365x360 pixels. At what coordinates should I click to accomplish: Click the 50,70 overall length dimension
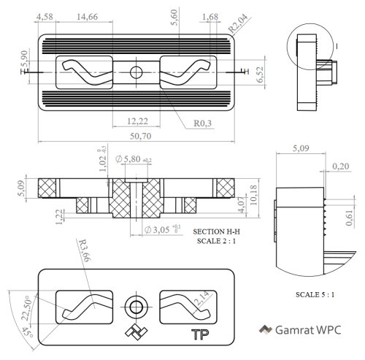[x=140, y=136]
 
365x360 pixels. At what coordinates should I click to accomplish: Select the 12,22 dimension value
[x=137, y=121]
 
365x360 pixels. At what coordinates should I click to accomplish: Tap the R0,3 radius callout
[x=202, y=123]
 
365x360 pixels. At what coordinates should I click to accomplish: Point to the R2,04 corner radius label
[x=238, y=23]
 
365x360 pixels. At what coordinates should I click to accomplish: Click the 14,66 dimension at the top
[x=87, y=17]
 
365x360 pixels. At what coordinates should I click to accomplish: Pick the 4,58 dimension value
[x=45, y=17]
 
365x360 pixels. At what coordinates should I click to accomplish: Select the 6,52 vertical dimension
[x=260, y=74]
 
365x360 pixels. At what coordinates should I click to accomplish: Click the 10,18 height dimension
[x=253, y=195]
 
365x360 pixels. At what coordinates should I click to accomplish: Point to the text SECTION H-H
[x=216, y=231]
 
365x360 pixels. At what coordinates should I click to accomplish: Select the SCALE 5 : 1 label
[x=315, y=294]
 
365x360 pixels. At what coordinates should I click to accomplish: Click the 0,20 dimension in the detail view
[x=341, y=166]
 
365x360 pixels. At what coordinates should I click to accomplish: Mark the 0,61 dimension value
[x=349, y=218]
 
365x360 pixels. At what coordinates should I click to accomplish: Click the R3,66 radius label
[x=85, y=250]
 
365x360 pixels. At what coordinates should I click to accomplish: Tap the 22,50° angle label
[x=26, y=308]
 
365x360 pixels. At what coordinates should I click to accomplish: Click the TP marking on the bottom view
[x=200, y=334]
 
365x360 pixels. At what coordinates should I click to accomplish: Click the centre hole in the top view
[x=136, y=72]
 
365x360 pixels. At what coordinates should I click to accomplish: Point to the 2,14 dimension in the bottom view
[x=201, y=298]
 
